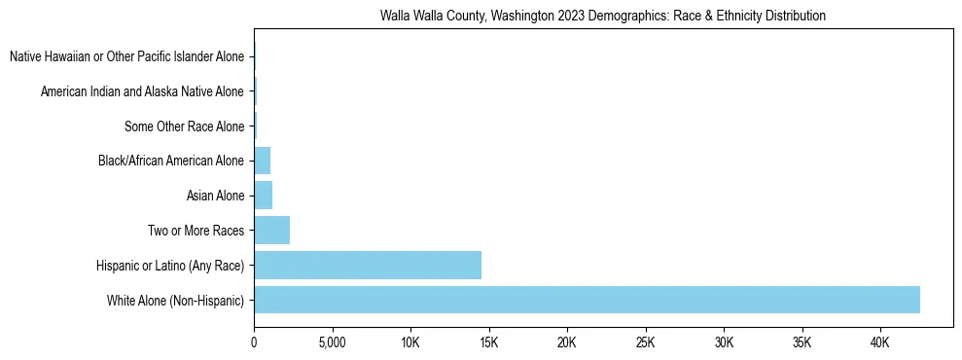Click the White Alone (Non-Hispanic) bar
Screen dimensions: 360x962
(587, 300)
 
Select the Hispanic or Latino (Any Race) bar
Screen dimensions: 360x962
(368, 265)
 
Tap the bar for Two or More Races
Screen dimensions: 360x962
(271, 231)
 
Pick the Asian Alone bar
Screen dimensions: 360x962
(263, 196)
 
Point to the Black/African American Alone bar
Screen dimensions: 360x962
(262, 161)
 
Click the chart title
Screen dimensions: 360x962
(603, 16)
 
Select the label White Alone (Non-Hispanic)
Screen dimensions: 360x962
(176, 301)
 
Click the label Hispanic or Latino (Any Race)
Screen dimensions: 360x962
(170, 266)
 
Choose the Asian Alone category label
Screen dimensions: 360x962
(216, 196)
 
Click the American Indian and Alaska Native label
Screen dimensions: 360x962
(143, 91)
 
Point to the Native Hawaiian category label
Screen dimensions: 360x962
(127, 56)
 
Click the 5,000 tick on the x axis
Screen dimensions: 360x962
(333, 343)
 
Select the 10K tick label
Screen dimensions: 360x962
(410, 343)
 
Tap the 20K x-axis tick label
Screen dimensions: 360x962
(567, 343)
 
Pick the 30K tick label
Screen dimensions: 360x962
(724, 343)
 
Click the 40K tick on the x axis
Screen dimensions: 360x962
(880, 343)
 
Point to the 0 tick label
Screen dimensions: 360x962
(254, 343)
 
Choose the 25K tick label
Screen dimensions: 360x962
(646, 343)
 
